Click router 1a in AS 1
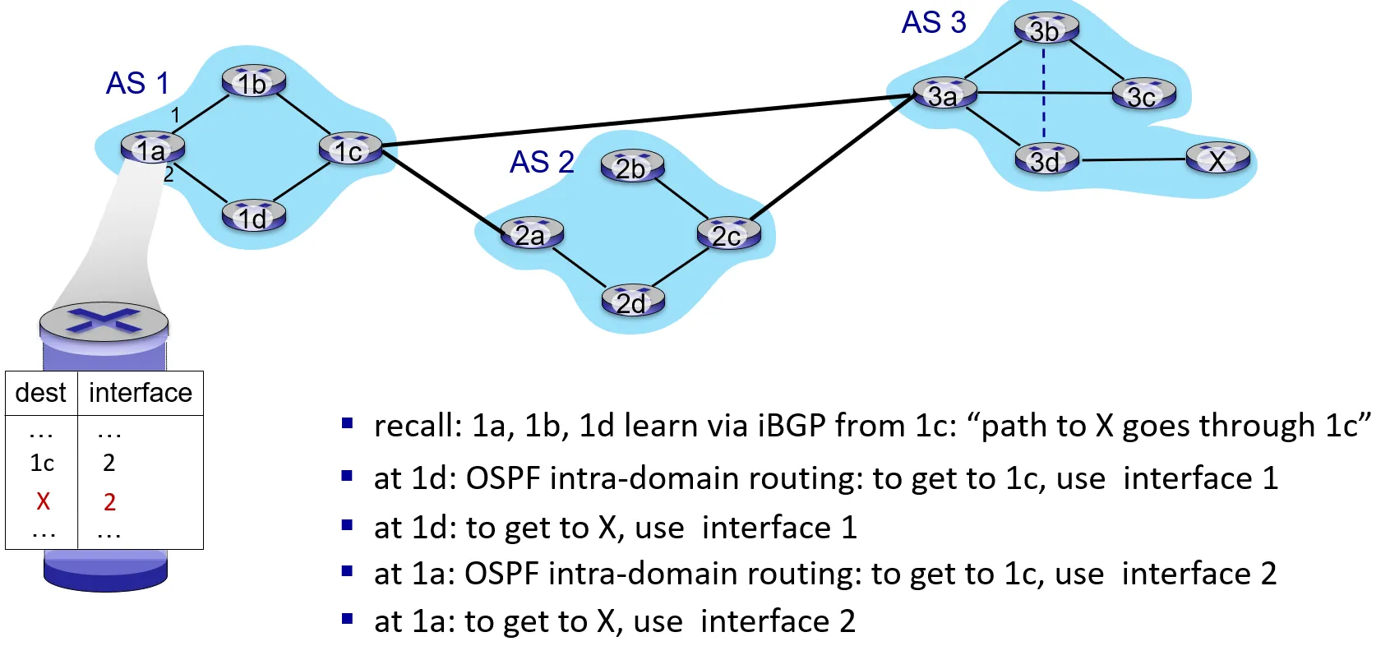coord(152,149)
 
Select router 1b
coord(253,82)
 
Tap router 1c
coord(349,150)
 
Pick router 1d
coord(253,217)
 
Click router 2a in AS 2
coord(532,235)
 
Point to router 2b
coord(631,167)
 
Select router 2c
coord(727,235)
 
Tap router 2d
coord(632,302)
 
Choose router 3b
coord(1045,30)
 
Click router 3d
coord(1046,160)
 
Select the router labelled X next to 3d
coord(1217,159)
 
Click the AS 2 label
coord(542,162)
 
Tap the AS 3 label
coord(934,22)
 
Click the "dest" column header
coord(40,393)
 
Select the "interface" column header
coord(140,393)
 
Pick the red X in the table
coord(44,501)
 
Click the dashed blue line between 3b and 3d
coord(1044,95)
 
